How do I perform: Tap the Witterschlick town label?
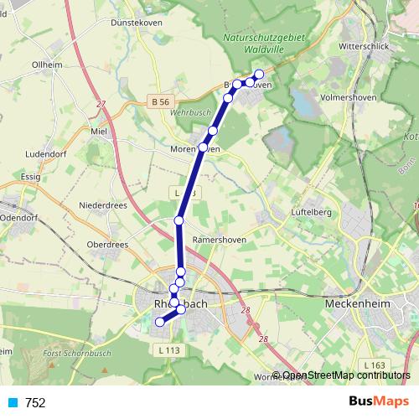363,46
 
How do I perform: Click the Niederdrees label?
102,205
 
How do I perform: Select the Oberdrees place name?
106,244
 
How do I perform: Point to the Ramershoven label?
219,239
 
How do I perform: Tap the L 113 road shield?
168,350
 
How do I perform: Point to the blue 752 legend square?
12,403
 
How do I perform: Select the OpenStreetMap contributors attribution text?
346,375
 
